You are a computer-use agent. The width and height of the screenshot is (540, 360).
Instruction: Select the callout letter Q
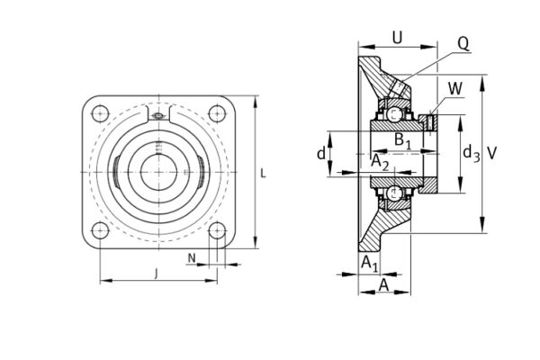pyautogui.click(x=463, y=41)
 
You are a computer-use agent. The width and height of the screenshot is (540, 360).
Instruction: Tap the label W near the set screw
pyautogui.click(x=454, y=88)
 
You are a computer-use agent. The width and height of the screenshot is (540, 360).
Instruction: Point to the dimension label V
pyautogui.click(x=491, y=153)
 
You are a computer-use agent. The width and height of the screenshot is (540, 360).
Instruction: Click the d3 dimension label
pyautogui.click(x=470, y=153)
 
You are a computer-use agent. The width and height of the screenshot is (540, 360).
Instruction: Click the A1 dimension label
pyautogui.click(x=369, y=262)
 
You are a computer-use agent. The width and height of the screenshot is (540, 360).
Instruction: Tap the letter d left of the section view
pyautogui.click(x=320, y=153)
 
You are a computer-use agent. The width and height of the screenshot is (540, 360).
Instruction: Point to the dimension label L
pyautogui.click(x=263, y=171)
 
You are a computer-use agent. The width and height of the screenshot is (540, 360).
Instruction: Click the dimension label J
pyautogui.click(x=157, y=272)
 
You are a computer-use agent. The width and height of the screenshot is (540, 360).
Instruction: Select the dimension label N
pyautogui.click(x=192, y=258)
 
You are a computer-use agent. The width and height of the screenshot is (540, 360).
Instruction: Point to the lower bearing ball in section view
pyautogui.click(x=394, y=193)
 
